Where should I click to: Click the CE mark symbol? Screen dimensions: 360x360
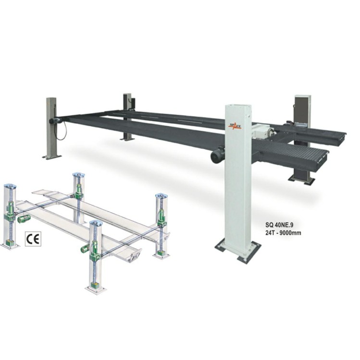click(x=33, y=239)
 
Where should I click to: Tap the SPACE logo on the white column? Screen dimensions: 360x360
click(x=234, y=126)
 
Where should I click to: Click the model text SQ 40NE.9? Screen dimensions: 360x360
click(x=279, y=226)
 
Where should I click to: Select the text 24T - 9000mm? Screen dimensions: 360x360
click(x=283, y=233)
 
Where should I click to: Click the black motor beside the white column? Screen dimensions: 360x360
click(x=218, y=155)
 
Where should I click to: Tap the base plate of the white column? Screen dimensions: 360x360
click(x=238, y=252)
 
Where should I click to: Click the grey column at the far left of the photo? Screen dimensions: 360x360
click(x=51, y=128)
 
